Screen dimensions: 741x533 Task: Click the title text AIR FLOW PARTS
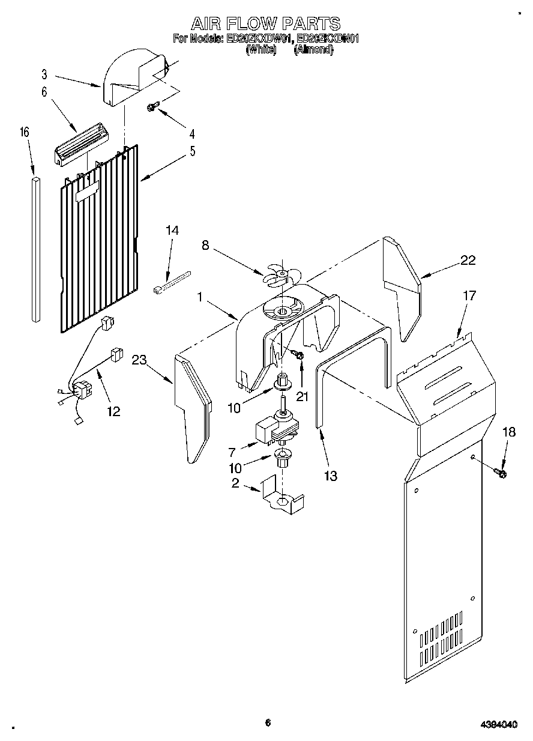pos(266,24)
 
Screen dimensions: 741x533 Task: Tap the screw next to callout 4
pos(152,107)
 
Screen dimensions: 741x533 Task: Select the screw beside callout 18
pos(500,473)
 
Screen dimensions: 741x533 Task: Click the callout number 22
pos(468,260)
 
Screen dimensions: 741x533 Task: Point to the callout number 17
pos(469,295)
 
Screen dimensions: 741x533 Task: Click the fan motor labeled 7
pos(273,428)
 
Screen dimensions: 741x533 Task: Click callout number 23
pos(139,360)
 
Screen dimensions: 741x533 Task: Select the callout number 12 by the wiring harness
pos(113,411)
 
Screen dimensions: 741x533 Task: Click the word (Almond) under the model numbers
pos(313,50)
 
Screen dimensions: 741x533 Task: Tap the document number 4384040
pos(499,725)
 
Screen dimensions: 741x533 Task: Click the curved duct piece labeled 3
pos(129,78)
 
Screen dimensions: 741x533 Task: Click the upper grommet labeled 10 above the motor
pos(282,381)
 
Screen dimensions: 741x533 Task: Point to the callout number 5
pos(192,151)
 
